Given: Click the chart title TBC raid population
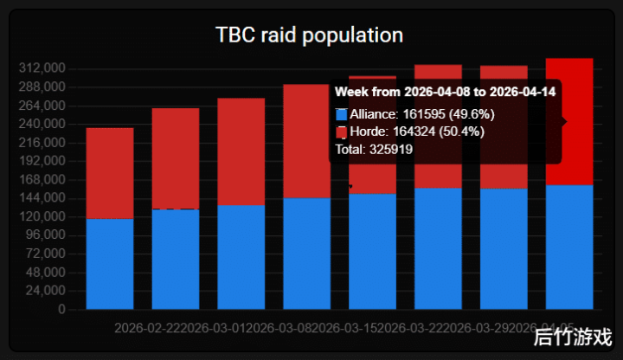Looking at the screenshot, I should tap(309, 35).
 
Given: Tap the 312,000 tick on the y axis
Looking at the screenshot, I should tap(43, 68).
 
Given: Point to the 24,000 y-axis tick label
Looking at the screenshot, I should tap(47, 291).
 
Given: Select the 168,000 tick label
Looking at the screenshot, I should tap(43, 180).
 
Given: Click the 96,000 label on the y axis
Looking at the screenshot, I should tap(47, 235).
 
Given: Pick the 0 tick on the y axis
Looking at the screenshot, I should tap(61, 309).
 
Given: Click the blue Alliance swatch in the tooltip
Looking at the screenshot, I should tap(341, 114).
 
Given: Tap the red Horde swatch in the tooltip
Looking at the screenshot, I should tap(341, 132).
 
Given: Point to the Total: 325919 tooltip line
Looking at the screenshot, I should tap(374, 149).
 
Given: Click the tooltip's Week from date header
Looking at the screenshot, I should tap(445, 91).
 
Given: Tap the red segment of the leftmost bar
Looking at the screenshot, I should tap(110, 173).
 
